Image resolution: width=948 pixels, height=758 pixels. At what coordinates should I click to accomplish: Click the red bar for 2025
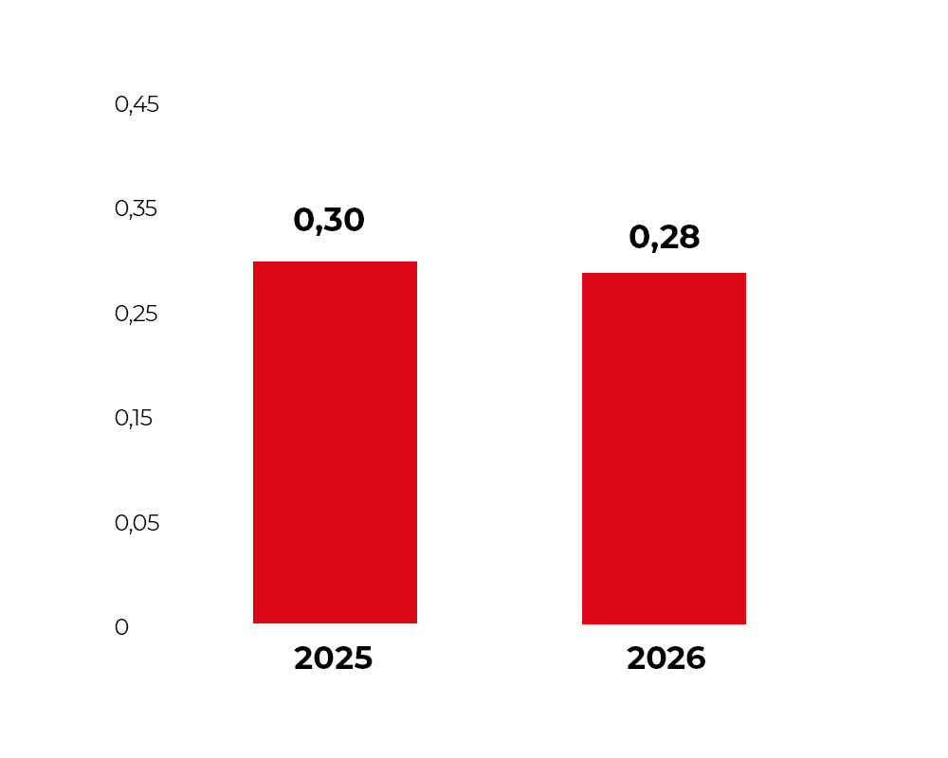335,442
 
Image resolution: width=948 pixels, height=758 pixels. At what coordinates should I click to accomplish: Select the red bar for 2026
664,448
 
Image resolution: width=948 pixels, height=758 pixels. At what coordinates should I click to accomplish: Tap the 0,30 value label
329,220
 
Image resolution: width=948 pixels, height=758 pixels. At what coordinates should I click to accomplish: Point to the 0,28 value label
665,237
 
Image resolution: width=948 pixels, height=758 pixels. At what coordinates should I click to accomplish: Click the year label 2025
333,658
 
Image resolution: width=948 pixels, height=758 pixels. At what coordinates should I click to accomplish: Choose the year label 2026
666,658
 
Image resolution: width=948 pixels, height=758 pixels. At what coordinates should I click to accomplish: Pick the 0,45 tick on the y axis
137,104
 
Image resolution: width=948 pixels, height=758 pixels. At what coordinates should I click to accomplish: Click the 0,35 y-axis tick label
136,209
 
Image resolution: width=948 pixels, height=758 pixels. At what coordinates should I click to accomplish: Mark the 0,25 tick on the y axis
136,314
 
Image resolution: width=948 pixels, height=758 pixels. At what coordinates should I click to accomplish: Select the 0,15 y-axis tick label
134,418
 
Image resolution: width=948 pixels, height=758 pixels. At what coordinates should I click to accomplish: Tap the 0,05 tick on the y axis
137,523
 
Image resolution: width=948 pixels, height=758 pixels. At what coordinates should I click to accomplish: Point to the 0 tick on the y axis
121,627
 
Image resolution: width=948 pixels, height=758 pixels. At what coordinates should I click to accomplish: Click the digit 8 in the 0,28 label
689,237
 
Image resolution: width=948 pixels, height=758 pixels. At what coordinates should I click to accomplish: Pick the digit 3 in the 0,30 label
331,220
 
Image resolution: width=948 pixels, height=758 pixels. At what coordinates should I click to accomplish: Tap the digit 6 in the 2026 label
695,658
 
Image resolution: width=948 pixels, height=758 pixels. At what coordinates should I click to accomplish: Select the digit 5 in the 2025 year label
363,658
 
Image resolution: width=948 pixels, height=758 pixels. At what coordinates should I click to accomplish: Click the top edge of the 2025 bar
335,262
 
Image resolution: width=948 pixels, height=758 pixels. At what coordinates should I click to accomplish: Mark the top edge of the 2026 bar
664,273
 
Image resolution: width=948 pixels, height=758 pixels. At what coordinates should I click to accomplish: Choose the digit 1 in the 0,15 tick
135,418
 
